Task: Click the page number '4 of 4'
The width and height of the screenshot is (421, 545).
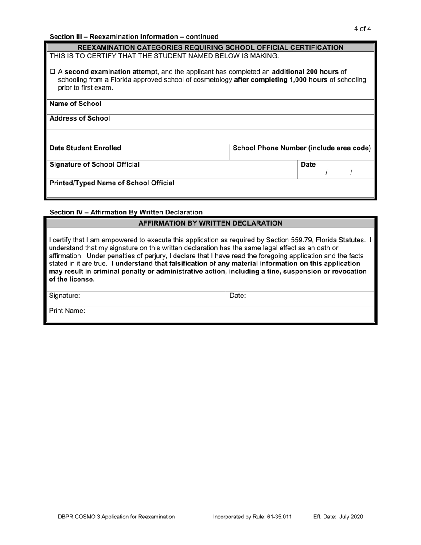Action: click(362, 29)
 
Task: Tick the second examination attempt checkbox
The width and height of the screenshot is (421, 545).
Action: click(52, 72)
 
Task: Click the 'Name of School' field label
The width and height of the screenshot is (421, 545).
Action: click(75, 104)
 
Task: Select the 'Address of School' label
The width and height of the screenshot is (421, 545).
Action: click(80, 118)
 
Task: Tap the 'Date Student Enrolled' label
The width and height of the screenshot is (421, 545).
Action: click(85, 148)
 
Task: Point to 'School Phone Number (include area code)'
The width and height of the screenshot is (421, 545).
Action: click(301, 148)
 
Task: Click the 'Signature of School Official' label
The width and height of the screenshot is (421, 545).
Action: click(94, 165)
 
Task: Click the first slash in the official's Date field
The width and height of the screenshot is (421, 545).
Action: click(326, 172)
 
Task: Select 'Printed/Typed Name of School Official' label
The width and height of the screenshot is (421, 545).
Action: click(112, 183)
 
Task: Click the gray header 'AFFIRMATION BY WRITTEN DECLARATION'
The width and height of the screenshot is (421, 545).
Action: click(210, 223)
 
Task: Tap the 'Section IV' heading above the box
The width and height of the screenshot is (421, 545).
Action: click(126, 212)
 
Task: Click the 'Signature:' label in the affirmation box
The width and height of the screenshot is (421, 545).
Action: click(65, 296)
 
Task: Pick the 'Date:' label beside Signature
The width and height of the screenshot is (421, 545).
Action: click(238, 296)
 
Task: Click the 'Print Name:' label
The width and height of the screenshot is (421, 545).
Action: click(67, 311)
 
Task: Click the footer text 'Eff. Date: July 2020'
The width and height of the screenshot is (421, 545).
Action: click(338, 517)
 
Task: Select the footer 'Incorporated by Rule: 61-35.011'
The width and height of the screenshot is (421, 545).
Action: click(252, 517)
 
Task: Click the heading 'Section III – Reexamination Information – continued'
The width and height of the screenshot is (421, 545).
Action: click(134, 37)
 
